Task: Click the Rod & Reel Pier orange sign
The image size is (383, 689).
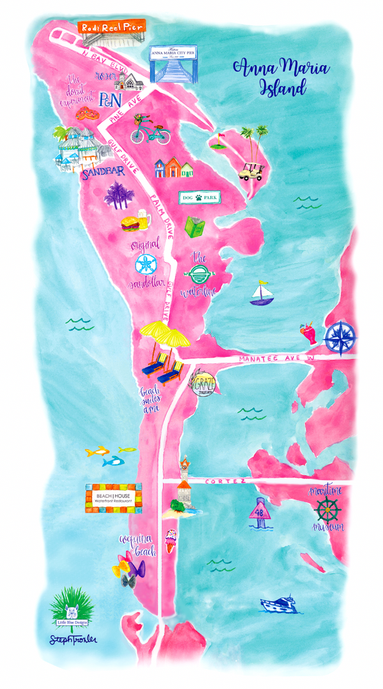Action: tap(112, 26)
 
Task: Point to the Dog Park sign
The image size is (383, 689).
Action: tap(198, 199)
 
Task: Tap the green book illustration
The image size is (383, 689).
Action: tap(194, 227)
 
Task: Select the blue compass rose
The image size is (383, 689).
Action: tap(339, 338)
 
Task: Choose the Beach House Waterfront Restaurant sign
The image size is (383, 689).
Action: tap(113, 498)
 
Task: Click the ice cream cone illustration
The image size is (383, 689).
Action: tap(170, 540)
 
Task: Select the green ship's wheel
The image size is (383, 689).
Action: tap(328, 509)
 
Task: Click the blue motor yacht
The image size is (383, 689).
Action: tap(281, 604)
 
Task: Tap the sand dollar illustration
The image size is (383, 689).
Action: tap(145, 264)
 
